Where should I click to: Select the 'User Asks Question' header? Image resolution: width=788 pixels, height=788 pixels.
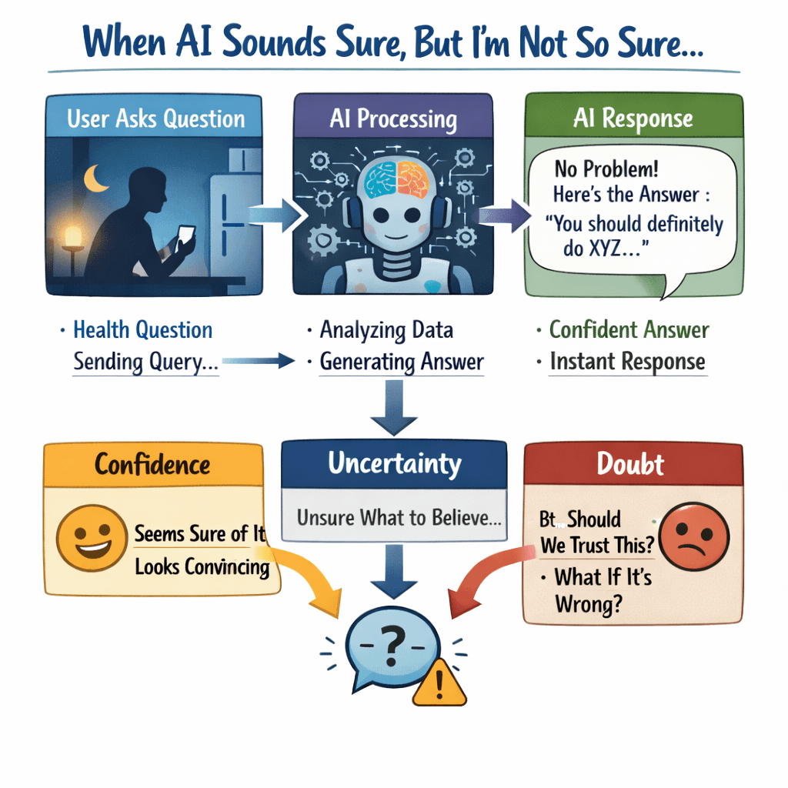tap(155, 119)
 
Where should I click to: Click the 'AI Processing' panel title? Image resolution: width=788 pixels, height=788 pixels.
tap(392, 119)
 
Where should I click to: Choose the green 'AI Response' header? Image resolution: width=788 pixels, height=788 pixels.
tap(633, 119)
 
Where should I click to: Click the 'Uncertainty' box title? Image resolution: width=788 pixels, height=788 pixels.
tap(394, 463)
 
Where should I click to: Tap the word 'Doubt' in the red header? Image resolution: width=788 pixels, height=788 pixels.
tap(631, 464)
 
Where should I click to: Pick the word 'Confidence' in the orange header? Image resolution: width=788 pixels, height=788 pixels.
tap(152, 464)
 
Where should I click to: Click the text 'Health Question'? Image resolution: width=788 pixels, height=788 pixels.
tap(142, 330)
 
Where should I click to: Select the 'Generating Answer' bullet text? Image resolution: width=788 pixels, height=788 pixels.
tap(402, 361)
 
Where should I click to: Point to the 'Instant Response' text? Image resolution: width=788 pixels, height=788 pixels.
tap(627, 362)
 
